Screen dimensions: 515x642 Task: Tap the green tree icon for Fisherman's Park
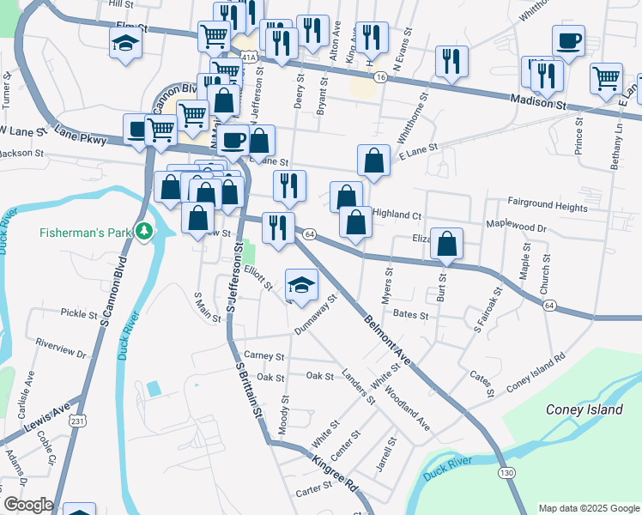146,231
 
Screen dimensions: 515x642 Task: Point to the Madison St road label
540,104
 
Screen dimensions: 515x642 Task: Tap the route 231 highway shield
78,421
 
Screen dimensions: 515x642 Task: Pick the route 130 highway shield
506,473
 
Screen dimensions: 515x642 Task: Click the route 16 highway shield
380,77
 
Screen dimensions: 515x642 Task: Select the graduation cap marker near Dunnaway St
300,285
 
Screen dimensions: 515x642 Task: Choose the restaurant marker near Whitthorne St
451,61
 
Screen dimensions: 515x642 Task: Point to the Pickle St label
79,314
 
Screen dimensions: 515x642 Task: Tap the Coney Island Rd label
536,370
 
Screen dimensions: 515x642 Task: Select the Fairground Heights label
548,207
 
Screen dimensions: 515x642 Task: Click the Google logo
28,505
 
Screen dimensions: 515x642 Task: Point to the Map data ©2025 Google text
588,508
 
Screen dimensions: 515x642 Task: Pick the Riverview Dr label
62,348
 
